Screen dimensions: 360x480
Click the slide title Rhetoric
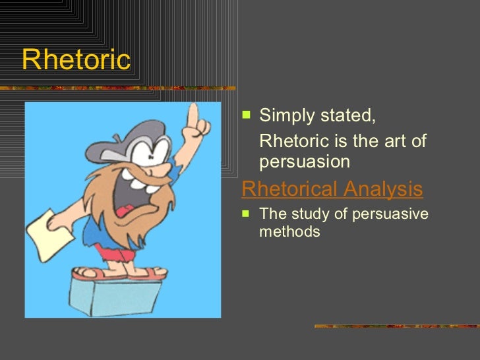tap(76, 60)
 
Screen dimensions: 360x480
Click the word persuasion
tap(305, 162)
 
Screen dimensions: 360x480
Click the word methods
tap(289, 231)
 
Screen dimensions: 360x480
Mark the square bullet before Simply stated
tap(246, 115)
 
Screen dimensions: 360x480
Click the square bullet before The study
tap(246, 213)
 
